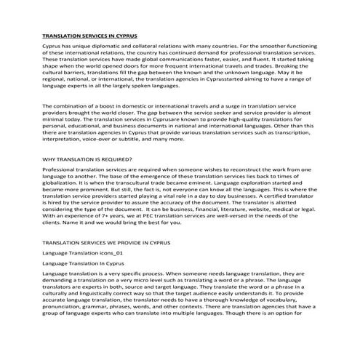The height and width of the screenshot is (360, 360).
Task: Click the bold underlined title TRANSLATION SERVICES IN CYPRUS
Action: click(x=89, y=35)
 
